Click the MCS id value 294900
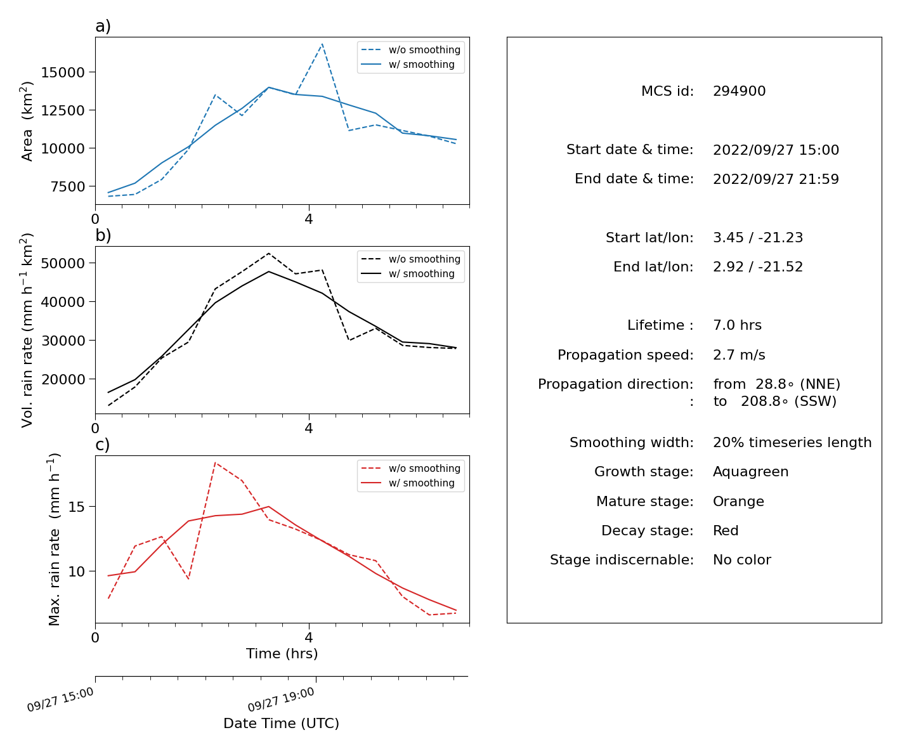[x=739, y=91]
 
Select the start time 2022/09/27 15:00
[x=776, y=150]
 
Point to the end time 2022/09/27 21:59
[x=776, y=179]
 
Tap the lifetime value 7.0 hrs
[x=737, y=325]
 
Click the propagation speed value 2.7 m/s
[x=739, y=355]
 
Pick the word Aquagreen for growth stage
[x=750, y=471]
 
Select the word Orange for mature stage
[x=738, y=501]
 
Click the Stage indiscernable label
[x=622, y=559]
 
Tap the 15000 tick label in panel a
[x=63, y=72]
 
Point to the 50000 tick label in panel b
[x=63, y=263]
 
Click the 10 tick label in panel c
[x=76, y=571]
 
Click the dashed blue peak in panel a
[x=322, y=44]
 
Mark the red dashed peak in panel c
[x=215, y=463]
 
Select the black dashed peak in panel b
[x=268, y=254]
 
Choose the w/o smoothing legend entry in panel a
[x=411, y=50]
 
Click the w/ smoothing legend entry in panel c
[x=408, y=483]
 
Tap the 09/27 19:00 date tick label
[x=280, y=699]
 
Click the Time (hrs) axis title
[x=282, y=653]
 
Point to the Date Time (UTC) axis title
[x=281, y=723]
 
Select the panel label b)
[x=103, y=235]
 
